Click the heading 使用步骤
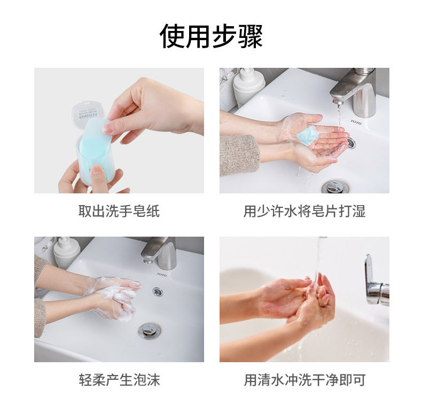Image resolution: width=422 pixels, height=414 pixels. click(x=211, y=36)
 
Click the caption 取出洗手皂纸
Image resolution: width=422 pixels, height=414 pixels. click(x=119, y=211)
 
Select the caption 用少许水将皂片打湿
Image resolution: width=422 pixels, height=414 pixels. click(x=304, y=211)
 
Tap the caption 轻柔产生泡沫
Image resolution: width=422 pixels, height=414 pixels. click(x=119, y=380)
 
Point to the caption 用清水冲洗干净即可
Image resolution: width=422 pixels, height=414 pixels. click(x=304, y=380)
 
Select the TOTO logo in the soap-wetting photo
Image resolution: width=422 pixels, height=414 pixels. click(x=356, y=122)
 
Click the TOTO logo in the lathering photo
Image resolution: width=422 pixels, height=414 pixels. click(x=162, y=275)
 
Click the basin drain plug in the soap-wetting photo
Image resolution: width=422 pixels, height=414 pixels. click(x=335, y=187)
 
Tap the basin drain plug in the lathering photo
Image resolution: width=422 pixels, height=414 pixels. click(x=150, y=330)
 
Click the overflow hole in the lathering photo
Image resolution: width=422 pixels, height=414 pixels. click(x=158, y=292)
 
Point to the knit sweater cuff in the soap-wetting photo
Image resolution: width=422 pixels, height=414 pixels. click(x=239, y=155)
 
